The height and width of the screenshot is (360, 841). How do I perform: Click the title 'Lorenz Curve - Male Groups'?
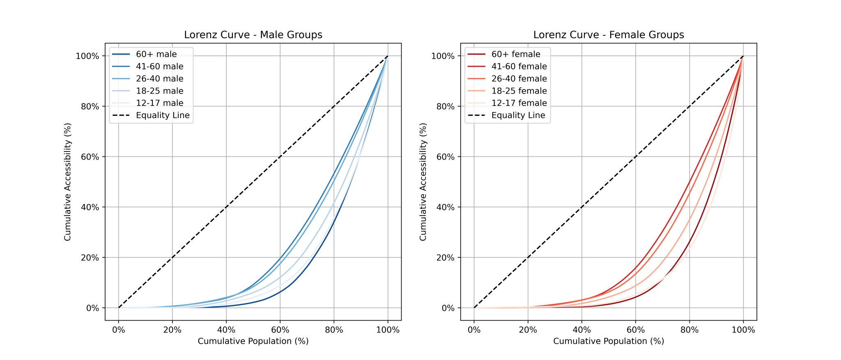(x=253, y=35)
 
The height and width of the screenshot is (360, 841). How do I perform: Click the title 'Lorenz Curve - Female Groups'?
(x=609, y=35)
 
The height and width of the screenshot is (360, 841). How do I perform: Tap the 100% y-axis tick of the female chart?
(x=444, y=56)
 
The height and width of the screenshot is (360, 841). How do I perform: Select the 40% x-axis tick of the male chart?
(x=226, y=330)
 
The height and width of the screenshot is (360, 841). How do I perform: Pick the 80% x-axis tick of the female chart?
(x=689, y=330)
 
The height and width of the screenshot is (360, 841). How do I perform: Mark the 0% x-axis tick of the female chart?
(x=474, y=330)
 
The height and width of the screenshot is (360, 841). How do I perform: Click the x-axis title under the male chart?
(x=253, y=342)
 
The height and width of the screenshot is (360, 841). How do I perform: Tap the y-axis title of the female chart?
(x=423, y=182)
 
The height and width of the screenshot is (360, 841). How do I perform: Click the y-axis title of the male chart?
(x=68, y=182)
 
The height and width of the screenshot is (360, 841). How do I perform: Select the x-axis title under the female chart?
(x=609, y=342)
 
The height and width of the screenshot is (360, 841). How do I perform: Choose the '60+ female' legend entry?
(x=516, y=54)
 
